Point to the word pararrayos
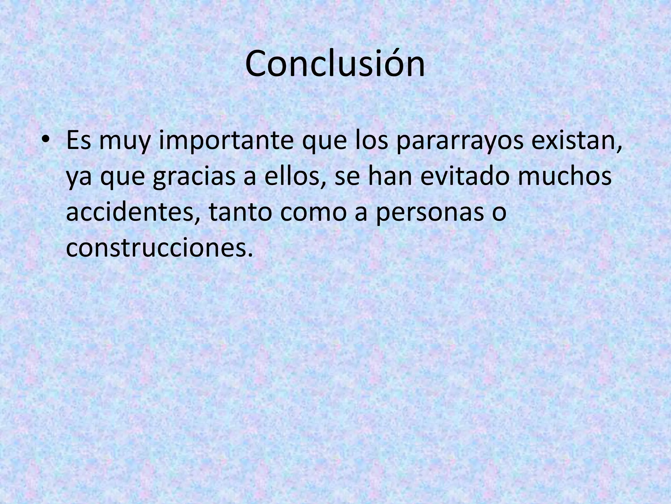(460, 140)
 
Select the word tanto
(240, 212)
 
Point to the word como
(313, 212)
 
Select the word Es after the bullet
(78, 140)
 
